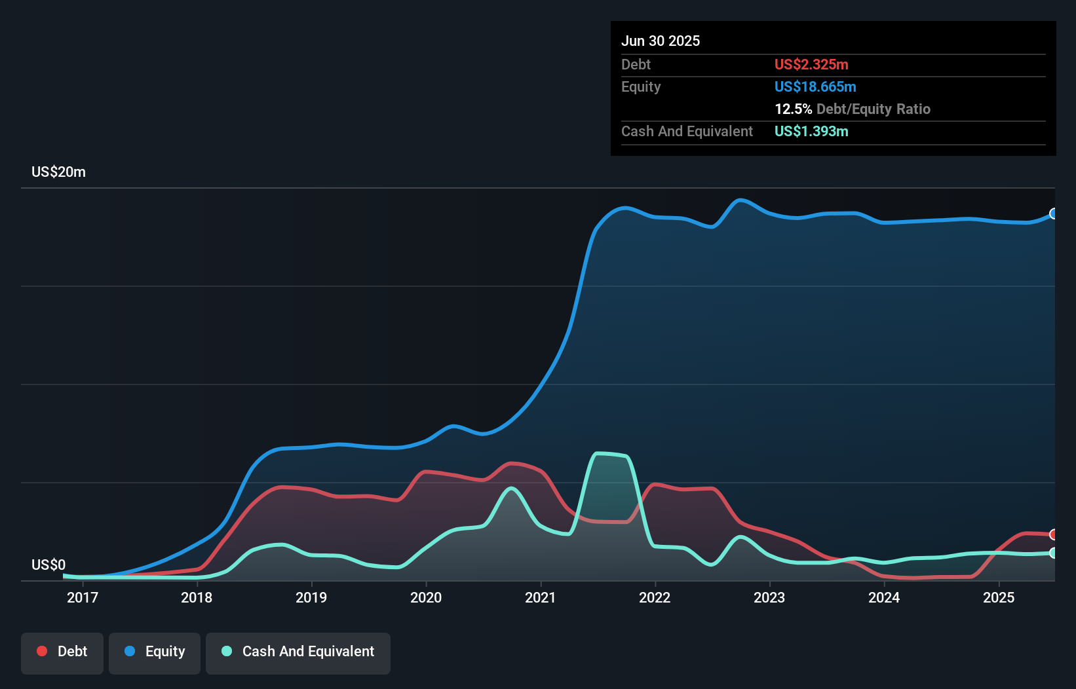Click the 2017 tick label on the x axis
click(x=83, y=597)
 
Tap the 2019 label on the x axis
click(x=311, y=597)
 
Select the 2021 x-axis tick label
click(x=541, y=597)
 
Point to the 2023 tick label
click(x=769, y=597)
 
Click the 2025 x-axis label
click(x=999, y=597)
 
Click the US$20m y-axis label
click(x=58, y=172)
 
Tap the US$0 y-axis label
click(x=48, y=565)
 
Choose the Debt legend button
click(x=62, y=652)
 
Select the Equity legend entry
click(x=155, y=652)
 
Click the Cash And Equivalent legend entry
click(x=298, y=652)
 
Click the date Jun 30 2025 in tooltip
click(x=661, y=41)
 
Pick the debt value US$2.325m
click(x=811, y=64)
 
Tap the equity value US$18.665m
click(x=815, y=86)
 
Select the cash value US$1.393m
click(x=811, y=131)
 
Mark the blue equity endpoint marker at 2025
click(x=1054, y=214)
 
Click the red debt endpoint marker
click(x=1054, y=534)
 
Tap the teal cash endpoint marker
click(x=1054, y=553)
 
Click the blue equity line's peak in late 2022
click(x=740, y=200)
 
